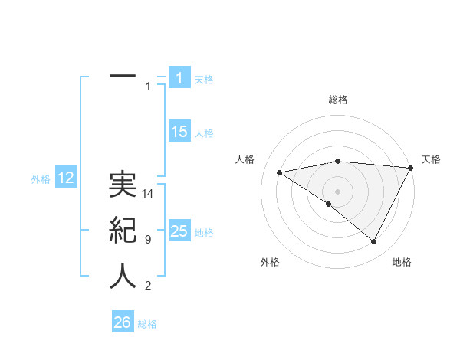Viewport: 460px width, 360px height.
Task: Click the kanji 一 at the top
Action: [123, 77]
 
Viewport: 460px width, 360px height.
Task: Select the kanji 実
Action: [123, 186]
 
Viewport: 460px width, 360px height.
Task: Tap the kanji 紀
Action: [123, 231]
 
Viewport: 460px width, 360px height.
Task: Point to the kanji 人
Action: [123, 277]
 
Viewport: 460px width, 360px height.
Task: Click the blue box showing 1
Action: [179, 77]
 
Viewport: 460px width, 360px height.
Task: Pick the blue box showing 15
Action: [179, 131]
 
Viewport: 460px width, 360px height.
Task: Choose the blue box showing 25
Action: [179, 231]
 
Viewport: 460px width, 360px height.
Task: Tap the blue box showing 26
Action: [122, 322]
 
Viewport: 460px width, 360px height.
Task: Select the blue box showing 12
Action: [66, 178]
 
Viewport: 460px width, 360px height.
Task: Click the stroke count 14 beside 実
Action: [149, 195]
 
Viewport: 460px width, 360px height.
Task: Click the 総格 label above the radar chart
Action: [337, 100]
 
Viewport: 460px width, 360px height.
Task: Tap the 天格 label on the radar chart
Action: [431, 159]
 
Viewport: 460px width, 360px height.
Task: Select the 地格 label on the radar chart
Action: [402, 262]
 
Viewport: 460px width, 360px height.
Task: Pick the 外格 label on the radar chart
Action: [270, 262]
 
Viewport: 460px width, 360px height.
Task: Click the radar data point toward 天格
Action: [411, 168]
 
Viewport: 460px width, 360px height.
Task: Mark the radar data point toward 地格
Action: [374, 242]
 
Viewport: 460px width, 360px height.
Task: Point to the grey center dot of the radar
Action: [337, 191]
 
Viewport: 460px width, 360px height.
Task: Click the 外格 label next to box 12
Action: [41, 179]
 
